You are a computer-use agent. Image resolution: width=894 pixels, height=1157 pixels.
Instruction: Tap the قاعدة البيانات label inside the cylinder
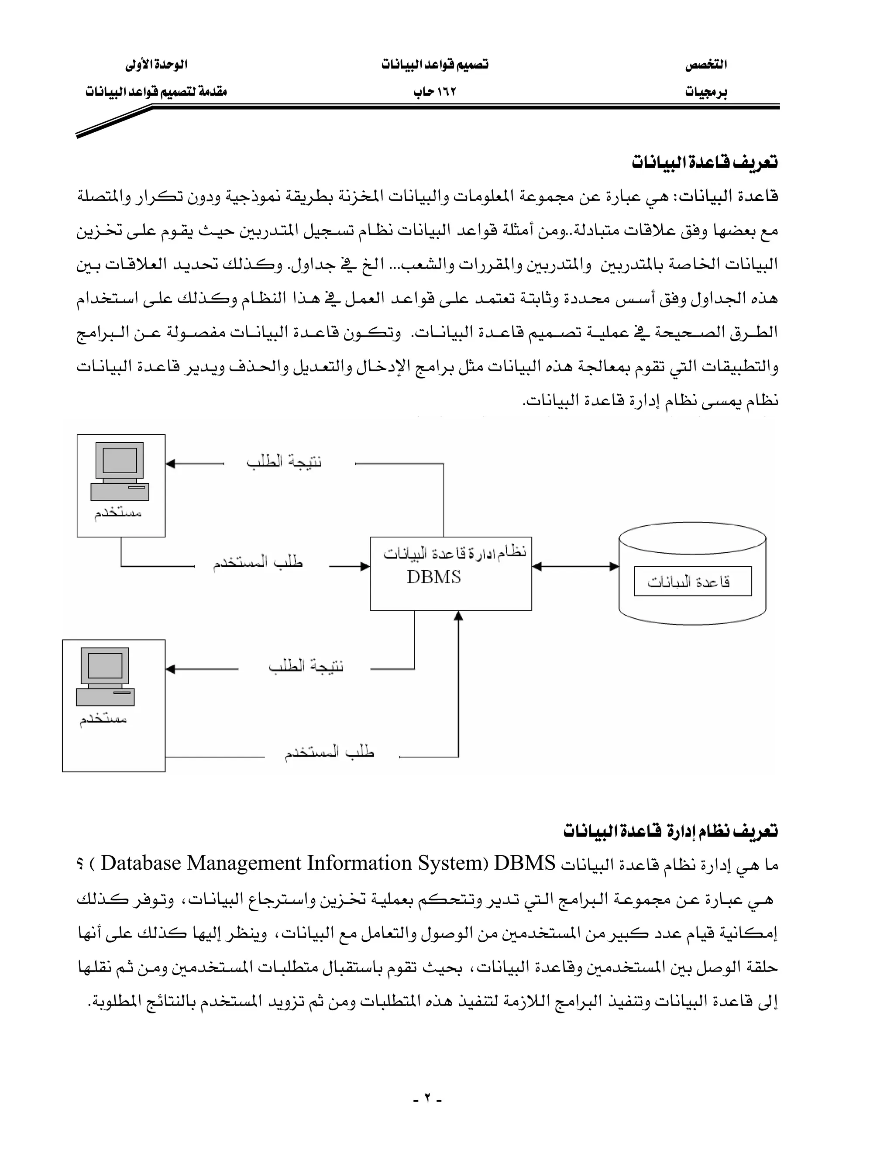coord(688,582)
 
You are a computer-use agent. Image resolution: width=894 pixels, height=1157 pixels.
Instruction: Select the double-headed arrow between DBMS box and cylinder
coord(575,566)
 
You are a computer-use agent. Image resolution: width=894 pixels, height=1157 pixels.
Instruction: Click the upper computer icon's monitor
coord(119,460)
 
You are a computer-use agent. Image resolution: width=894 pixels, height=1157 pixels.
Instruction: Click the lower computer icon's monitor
coord(105,665)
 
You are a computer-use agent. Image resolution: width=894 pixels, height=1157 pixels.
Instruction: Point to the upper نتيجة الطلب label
coord(284,462)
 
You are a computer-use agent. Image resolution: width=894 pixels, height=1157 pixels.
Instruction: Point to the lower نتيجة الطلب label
coord(306,666)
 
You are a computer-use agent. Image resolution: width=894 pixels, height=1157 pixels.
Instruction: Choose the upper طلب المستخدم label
coord(258,563)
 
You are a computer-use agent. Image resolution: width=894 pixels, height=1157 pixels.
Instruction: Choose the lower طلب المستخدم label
coord(330,752)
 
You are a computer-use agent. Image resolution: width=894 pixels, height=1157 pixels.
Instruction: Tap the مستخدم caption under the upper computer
coord(117,513)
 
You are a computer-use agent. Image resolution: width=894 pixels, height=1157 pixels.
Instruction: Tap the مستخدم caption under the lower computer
coord(103,719)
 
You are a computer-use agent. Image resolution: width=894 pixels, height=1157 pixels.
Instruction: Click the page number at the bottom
coord(427,1099)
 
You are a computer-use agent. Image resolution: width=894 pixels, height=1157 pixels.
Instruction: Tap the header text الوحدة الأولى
coord(156,65)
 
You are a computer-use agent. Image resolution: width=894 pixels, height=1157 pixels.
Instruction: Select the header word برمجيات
coord(706,92)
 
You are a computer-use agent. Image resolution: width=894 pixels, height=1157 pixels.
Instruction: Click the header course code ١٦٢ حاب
coord(435,92)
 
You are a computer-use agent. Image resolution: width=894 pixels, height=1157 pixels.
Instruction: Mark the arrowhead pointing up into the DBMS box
coord(459,616)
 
